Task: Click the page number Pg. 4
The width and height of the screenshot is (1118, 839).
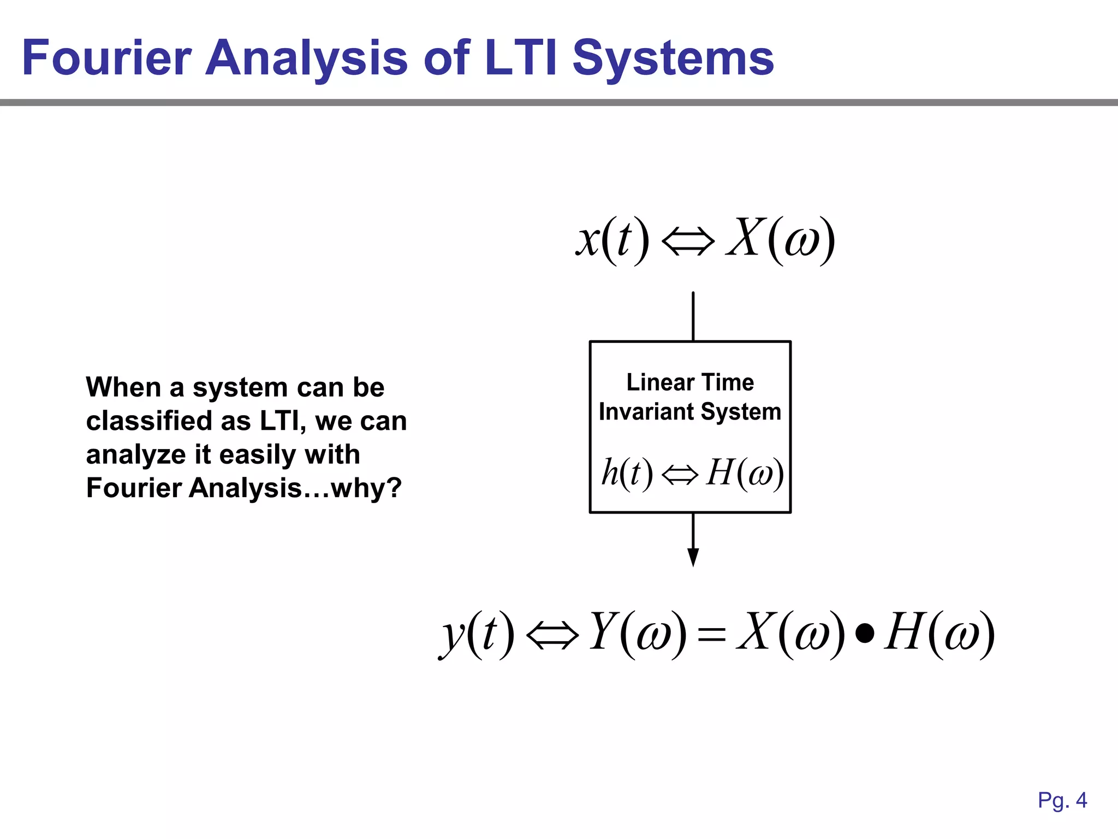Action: [1062, 800]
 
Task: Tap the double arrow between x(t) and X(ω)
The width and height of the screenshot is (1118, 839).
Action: [688, 241]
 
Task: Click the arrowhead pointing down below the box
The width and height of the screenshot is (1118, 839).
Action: [693, 557]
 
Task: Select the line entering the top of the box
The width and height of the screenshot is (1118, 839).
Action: [693, 316]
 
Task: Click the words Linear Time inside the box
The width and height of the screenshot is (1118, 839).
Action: [690, 382]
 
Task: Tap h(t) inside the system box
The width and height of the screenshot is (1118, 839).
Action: [627, 472]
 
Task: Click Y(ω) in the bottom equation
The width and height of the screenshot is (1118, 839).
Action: [638, 634]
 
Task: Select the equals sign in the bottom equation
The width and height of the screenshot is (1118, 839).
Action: [712, 635]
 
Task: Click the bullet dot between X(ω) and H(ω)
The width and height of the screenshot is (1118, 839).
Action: [865, 633]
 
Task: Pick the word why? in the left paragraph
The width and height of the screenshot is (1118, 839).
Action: [366, 488]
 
